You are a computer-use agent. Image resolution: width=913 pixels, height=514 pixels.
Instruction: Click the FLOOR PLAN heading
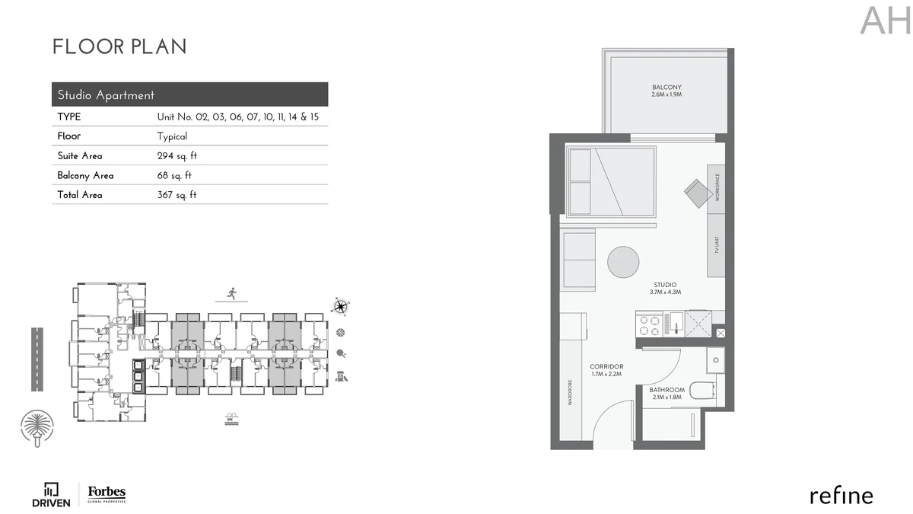(x=119, y=46)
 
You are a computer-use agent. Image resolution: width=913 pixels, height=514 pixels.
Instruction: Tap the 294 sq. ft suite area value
(x=177, y=156)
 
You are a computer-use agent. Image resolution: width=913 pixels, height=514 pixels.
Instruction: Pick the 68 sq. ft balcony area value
(x=174, y=175)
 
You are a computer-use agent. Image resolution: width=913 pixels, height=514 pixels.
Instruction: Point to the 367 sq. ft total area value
(x=177, y=195)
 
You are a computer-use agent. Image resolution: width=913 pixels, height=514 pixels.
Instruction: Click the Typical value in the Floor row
(x=172, y=136)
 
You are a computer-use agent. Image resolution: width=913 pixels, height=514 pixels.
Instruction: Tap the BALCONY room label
(x=666, y=87)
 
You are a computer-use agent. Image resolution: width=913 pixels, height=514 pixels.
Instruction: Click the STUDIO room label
(x=665, y=285)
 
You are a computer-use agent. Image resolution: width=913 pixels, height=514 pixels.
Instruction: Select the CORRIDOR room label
(x=606, y=367)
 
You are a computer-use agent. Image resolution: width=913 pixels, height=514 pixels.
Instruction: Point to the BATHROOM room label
(x=666, y=390)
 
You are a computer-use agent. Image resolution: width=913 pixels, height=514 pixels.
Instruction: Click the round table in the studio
(x=623, y=262)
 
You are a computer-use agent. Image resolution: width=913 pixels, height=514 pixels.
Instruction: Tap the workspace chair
(x=698, y=193)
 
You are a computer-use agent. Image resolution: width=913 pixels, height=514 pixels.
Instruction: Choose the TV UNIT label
(x=717, y=244)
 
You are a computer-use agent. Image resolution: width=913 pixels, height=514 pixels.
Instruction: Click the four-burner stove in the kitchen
(x=649, y=325)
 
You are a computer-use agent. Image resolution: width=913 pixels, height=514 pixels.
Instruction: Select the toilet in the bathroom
(x=704, y=391)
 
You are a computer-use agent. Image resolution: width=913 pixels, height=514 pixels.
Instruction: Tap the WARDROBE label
(x=570, y=392)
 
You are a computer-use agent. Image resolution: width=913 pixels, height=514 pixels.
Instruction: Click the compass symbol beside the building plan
(x=340, y=306)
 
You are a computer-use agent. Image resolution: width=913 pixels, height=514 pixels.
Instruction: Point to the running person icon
(x=232, y=293)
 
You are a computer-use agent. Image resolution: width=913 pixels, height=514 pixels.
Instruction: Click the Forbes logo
(x=107, y=494)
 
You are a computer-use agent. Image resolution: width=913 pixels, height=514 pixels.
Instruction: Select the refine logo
(x=841, y=496)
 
